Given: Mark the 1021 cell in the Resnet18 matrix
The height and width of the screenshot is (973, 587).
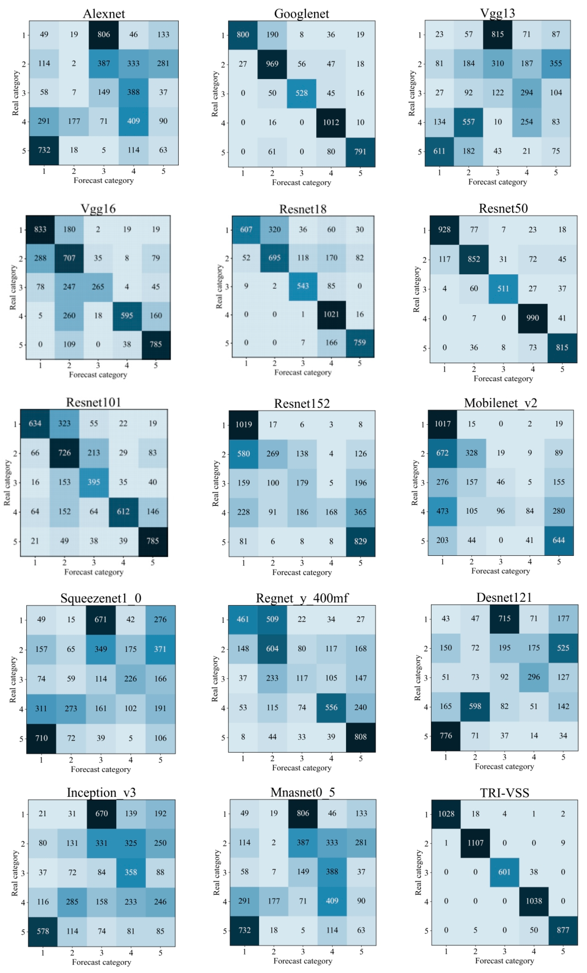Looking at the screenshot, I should coord(331,314).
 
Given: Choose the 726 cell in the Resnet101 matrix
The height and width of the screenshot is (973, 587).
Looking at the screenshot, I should coord(64,453).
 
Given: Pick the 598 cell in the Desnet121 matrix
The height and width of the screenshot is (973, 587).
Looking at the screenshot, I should coord(475,706).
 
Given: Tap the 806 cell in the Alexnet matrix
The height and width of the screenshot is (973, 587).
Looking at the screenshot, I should coord(103,34).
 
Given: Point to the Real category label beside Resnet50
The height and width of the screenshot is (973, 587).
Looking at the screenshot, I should coord(416,289).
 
